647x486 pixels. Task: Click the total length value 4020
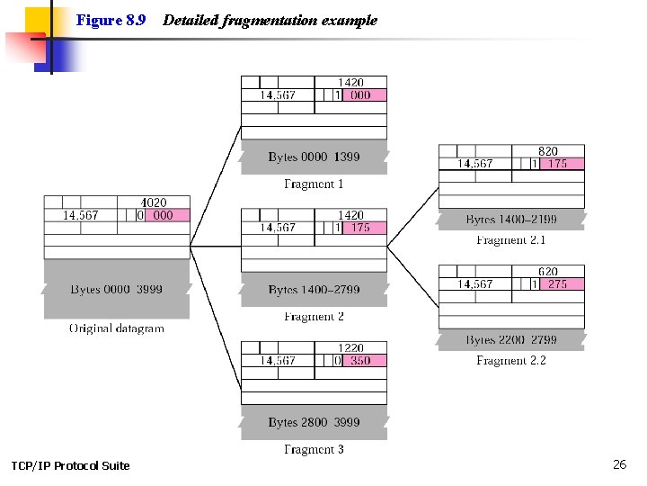coord(153,203)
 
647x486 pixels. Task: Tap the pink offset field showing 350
coord(359,360)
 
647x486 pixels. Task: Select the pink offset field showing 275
coord(556,283)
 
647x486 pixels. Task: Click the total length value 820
coord(547,151)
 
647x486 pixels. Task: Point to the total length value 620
coord(547,272)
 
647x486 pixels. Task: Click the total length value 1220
coord(350,348)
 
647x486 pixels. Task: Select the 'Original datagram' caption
coord(117,328)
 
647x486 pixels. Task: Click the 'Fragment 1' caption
coord(314,184)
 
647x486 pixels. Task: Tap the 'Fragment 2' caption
coord(314,317)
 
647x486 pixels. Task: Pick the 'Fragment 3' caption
coord(314,449)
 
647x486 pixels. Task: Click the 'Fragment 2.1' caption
coord(510,240)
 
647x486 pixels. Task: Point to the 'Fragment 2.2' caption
coord(510,361)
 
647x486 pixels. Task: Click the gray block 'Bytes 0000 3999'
coord(117,289)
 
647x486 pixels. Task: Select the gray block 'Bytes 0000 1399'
coord(314,157)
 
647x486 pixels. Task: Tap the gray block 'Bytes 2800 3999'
coord(314,422)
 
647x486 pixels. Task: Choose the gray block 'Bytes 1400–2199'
coord(510,220)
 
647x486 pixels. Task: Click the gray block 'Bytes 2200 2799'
coord(510,340)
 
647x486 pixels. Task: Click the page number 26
coord(619,464)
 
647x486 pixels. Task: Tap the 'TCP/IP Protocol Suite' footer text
coord(70,465)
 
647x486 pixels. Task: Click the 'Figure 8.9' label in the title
coord(111,20)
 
